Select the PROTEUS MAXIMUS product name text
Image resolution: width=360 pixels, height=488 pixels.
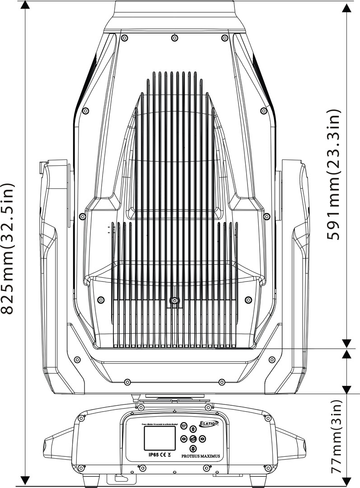click(201, 456)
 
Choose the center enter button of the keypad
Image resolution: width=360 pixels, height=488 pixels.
click(193, 438)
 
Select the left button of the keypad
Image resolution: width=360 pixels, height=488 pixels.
click(183, 438)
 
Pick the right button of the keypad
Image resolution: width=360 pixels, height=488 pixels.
click(202, 438)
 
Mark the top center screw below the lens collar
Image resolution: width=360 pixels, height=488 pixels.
click(174, 38)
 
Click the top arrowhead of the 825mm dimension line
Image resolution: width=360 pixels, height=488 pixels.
click(25, 5)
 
